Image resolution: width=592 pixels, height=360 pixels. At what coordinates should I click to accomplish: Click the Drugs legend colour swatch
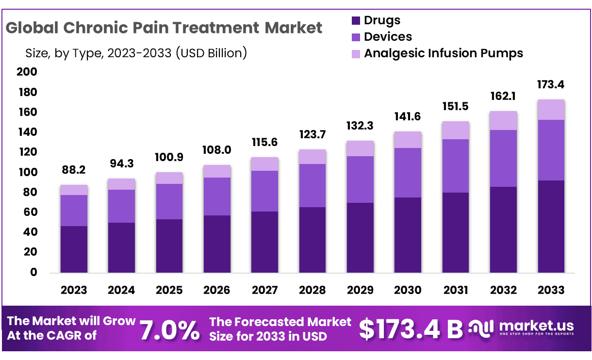(356, 20)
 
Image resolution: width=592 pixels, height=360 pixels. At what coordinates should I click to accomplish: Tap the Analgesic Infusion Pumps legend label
(444, 53)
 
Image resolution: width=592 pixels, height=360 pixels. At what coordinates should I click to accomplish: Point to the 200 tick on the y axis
(27, 72)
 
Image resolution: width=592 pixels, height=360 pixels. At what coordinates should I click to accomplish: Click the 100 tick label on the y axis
(27, 172)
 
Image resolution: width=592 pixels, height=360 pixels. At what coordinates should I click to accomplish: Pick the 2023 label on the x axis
(74, 290)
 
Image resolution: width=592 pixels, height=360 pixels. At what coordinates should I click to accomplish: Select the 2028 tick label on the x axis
(312, 290)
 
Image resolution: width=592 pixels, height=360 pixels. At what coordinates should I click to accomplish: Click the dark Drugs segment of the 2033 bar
(551, 226)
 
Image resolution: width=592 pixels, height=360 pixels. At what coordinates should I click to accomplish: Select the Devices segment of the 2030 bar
(408, 173)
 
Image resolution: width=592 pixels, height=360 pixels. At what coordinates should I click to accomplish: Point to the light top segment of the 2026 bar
(217, 171)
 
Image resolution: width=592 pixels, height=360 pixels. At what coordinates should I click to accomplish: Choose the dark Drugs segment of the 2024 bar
(121, 247)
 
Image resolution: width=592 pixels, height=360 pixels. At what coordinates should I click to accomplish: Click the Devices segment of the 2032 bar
(503, 158)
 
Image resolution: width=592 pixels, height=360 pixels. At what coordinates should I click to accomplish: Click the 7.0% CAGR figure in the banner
(170, 330)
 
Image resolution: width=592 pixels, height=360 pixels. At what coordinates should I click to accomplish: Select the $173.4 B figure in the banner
(411, 329)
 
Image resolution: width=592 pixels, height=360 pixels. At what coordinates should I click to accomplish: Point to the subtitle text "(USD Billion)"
(212, 52)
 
